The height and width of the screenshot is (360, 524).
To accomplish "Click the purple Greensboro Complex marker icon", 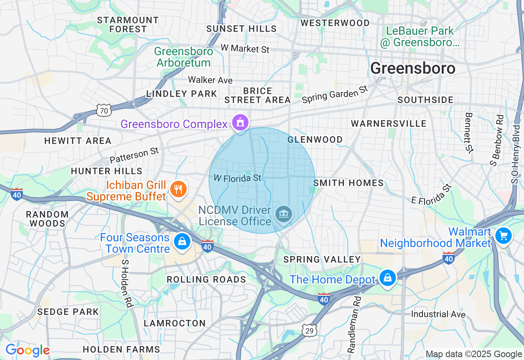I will pos(240,122).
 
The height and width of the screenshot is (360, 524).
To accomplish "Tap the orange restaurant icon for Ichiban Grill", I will pos(178,189).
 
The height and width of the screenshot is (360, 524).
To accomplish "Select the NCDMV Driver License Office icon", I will pos(283,214).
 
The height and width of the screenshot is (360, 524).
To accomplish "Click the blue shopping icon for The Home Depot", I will pos(387,278).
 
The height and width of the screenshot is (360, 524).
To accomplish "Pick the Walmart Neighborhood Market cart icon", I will pos(503,236).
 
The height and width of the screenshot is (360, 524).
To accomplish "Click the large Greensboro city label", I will pos(413,68).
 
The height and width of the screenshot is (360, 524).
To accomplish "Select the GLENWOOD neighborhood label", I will pos(315,140).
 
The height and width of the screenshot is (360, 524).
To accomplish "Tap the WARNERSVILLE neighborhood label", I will pos(388,124).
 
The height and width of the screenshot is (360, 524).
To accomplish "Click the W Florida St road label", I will pos(237,178).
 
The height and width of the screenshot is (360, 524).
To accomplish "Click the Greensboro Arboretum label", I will pos(183,57).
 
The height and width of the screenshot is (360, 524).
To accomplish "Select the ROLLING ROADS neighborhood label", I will pos(206,279).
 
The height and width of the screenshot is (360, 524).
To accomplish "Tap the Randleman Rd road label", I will pos(355,325).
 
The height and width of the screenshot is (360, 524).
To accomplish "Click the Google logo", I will pos(27,351).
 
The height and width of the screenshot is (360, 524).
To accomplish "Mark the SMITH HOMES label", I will pos(349,183).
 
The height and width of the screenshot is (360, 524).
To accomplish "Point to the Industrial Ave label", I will pos(438,314).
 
